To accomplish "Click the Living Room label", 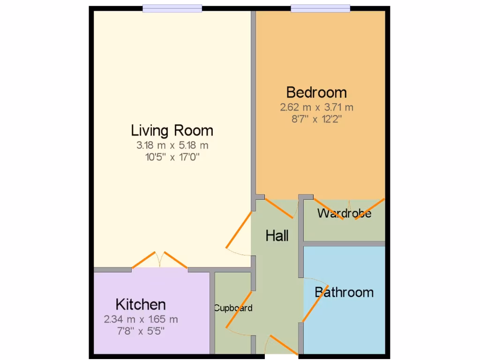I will click(172, 130).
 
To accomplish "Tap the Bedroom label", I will click(316, 92).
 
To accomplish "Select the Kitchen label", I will click(141, 304).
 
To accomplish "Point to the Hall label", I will click(277, 236).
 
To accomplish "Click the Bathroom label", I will click(344, 292).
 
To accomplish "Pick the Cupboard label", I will click(233, 308).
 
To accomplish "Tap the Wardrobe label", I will click(344, 214).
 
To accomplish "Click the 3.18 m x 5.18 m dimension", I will click(172, 145).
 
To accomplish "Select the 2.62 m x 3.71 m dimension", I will click(316, 107).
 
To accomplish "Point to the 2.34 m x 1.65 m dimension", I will click(141, 320).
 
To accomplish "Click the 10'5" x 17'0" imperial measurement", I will click(172, 157).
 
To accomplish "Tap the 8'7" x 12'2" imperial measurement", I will click(316, 119).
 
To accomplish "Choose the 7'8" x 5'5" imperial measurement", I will click(141, 331).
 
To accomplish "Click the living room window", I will click(172, 8).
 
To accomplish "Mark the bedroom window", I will click(320, 8).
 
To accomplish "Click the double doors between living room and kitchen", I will click(160, 260).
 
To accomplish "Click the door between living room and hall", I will click(239, 231).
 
